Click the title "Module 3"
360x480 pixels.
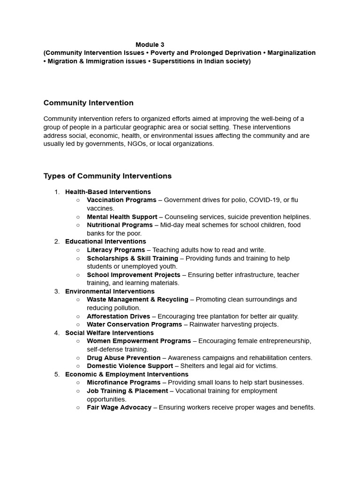pyautogui.click(x=150, y=45)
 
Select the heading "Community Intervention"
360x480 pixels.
pyautogui.click(x=89, y=103)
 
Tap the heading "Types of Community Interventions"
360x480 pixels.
pyautogui.click(x=107, y=176)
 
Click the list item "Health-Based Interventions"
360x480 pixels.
pyautogui.click(x=108, y=192)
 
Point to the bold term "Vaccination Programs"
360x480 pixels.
pyautogui.click(x=121, y=200)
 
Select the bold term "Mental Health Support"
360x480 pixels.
pyautogui.click(x=122, y=217)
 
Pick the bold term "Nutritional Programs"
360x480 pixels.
pyautogui.click(x=120, y=225)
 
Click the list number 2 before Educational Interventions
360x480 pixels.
pyautogui.click(x=57, y=241)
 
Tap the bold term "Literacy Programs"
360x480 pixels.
pyautogui.click(x=116, y=250)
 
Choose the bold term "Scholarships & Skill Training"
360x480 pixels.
pyautogui.click(x=132, y=258)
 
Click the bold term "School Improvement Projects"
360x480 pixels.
pyautogui.click(x=133, y=275)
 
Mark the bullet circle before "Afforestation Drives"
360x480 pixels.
pyautogui.click(x=78, y=316)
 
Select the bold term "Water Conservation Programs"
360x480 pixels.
pyautogui.click(x=134, y=324)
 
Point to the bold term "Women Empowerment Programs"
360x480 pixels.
pyautogui.click(x=139, y=341)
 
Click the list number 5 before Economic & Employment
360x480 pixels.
pyautogui.click(x=57, y=374)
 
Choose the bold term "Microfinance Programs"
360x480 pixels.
pyautogui.click(x=124, y=382)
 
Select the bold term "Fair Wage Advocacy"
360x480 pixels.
pyautogui.click(x=119, y=407)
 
